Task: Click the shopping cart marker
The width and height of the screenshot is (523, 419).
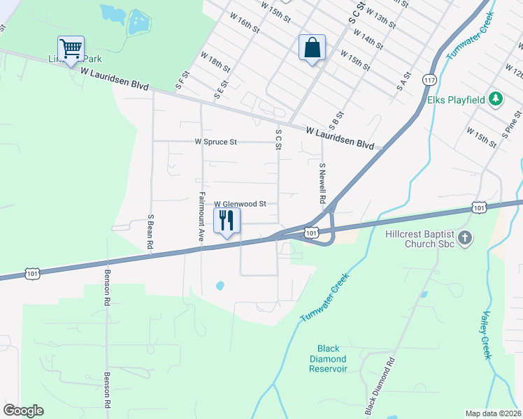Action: pyautogui.click(x=71, y=49)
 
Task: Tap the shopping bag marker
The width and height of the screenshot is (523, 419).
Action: pyautogui.click(x=312, y=48)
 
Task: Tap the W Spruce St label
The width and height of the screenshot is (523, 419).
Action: pyautogui.click(x=216, y=142)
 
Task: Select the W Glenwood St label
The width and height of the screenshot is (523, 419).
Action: pyautogui.click(x=241, y=204)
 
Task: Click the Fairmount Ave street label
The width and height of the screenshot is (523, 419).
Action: pyautogui.click(x=201, y=216)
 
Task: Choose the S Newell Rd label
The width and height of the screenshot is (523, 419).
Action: pyautogui.click(x=322, y=184)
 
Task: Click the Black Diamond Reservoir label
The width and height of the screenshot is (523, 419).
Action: pyautogui.click(x=329, y=359)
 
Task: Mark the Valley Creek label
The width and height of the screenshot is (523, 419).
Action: pyautogui.click(x=486, y=335)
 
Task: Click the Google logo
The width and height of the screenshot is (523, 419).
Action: pyautogui.click(x=23, y=411)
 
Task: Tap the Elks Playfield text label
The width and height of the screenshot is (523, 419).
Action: pyautogui.click(x=456, y=100)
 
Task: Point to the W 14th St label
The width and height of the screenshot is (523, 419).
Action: pyautogui.click(x=368, y=39)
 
